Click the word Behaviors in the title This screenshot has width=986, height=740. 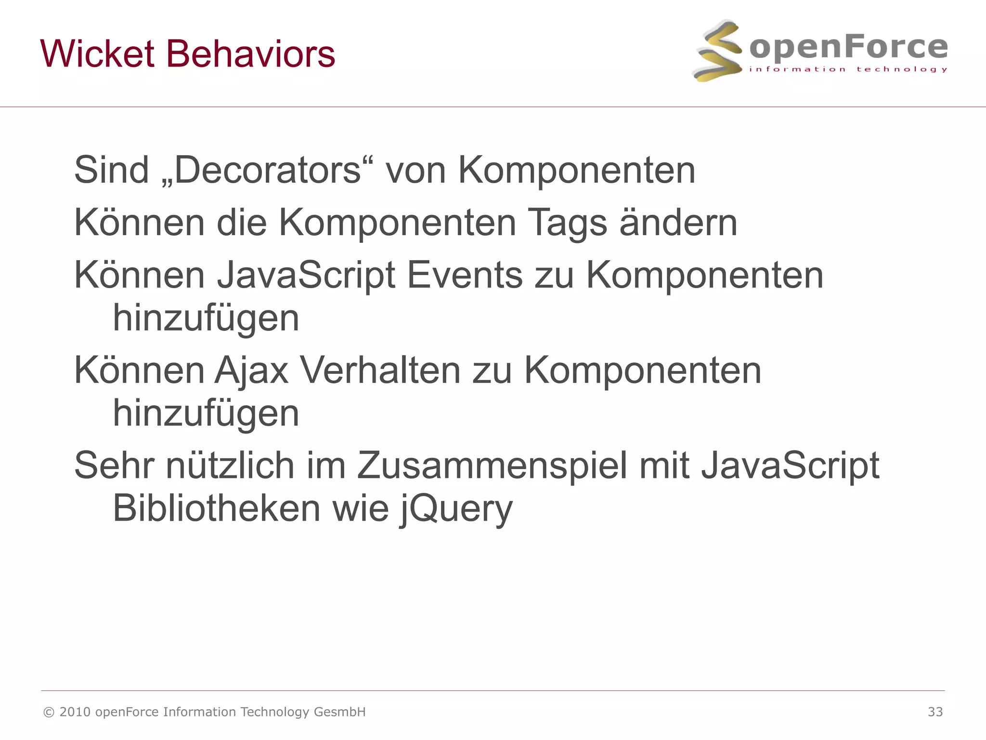pyautogui.click(x=250, y=53)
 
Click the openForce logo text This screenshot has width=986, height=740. pyautogui.click(x=848, y=47)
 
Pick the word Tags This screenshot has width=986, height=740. pyautogui.click(x=567, y=223)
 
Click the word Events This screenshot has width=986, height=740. pyautogui.click(x=465, y=275)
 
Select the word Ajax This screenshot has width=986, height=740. pyautogui.click(x=251, y=370)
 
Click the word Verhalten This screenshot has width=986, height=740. pyautogui.click(x=380, y=370)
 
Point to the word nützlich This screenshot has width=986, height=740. pyautogui.click(x=230, y=465)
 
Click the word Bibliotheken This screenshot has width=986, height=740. pyautogui.click(x=216, y=508)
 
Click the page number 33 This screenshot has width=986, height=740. pyautogui.click(x=935, y=712)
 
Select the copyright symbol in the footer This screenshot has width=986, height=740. pyautogui.click(x=49, y=712)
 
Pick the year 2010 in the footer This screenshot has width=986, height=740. pyautogui.click(x=75, y=712)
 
